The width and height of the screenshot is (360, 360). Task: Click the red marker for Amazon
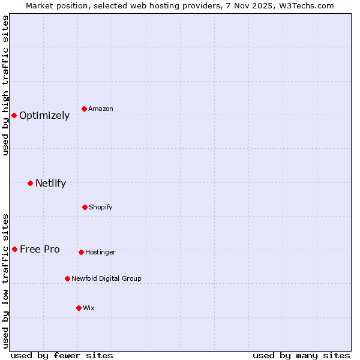click(85, 109)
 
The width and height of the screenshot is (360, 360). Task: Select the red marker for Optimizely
click(14, 115)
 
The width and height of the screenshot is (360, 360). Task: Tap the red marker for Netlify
click(30, 183)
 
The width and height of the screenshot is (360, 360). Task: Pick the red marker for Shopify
click(85, 207)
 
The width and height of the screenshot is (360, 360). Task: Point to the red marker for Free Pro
click(14, 249)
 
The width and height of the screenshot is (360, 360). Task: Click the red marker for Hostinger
click(81, 252)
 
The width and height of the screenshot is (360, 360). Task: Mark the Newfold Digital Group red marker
click(67, 278)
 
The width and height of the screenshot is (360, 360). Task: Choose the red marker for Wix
click(79, 308)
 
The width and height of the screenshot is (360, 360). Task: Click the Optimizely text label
click(44, 116)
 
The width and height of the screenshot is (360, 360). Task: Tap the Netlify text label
click(50, 184)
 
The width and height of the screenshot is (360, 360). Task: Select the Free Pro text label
click(40, 250)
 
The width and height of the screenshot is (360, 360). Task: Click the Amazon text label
click(101, 109)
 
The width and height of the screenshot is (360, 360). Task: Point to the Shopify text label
click(101, 208)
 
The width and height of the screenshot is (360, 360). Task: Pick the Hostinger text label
click(100, 253)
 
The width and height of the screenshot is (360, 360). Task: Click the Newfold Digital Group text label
click(106, 279)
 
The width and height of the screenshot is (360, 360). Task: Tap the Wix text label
click(89, 308)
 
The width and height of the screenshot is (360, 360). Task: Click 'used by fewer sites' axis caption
click(62, 355)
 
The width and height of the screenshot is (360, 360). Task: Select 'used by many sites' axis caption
click(301, 355)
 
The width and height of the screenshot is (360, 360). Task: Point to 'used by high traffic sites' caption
click(5, 85)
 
